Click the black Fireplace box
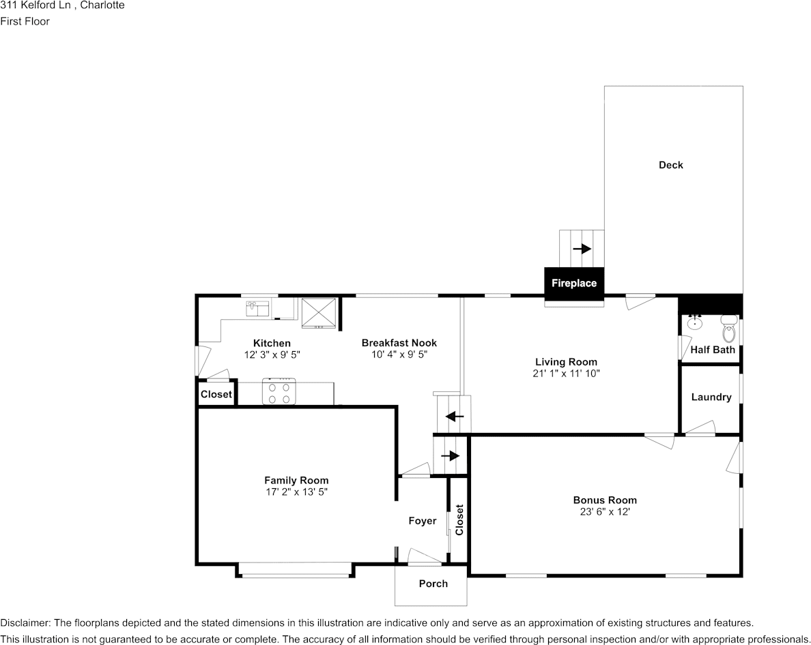(x=573, y=283)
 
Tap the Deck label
(x=670, y=165)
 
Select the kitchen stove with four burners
(x=279, y=393)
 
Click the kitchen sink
(x=258, y=309)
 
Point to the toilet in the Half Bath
(x=729, y=329)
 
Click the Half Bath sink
(x=695, y=322)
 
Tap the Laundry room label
(x=711, y=397)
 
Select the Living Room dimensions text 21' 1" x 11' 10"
(x=566, y=374)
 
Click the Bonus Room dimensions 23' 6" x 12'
(x=604, y=511)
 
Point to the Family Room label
(x=296, y=481)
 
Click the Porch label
(x=433, y=584)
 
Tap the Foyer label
(x=422, y=521)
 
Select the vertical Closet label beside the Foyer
(x=459, y=520)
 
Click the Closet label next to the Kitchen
(x=216, y=394)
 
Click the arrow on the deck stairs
(x=582, y=249)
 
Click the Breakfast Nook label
(x=399, y=343)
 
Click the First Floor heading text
(x=25, y=21)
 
